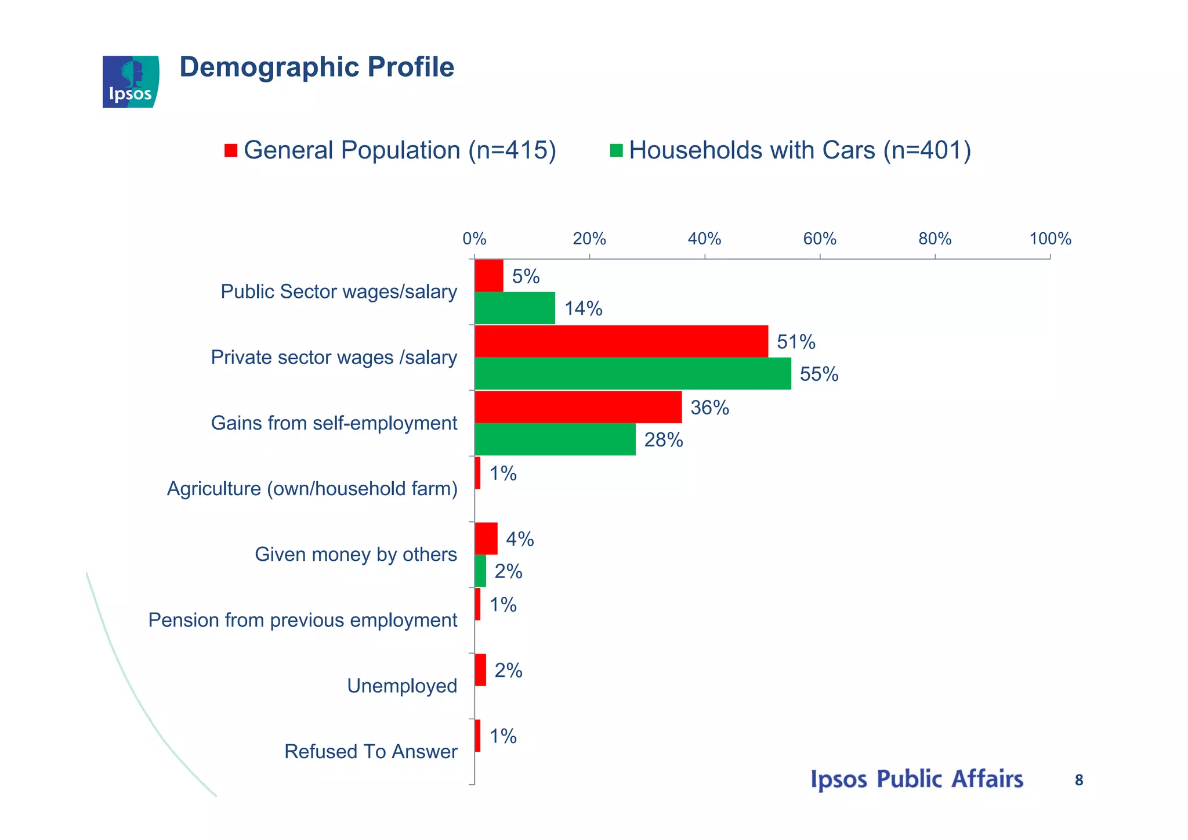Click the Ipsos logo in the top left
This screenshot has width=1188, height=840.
[x=131, y=82]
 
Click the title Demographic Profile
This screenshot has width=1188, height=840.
[x=317, y=67]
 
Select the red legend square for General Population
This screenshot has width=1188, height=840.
[x=231, y=150]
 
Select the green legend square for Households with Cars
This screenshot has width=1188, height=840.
[x=616, y=150]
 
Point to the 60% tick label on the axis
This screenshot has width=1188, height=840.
[x=819, y=239]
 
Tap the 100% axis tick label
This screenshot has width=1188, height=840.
[x=1050, y=239]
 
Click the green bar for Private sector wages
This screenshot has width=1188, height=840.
[x=632, y=373]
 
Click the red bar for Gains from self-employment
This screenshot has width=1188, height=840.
[x=578, y=407]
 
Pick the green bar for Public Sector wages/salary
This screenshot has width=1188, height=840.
[x=515, y=308]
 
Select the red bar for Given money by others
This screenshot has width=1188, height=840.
[x=486, y=538]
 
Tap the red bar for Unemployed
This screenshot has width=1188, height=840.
[x=480, y=670]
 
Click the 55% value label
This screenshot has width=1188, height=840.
[x=818, y=374]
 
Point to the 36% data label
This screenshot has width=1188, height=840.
[x=709, y=408]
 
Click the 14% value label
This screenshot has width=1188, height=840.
[x=583, y=309]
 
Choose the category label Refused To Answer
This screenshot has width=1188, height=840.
[x=371, y=752]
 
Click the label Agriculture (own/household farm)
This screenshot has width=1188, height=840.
[x=312, y=489]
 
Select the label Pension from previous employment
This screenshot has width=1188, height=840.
[x=303, y=621]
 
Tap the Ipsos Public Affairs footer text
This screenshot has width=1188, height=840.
[x=917, y=780]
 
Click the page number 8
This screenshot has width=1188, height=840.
[x=1079, y=781]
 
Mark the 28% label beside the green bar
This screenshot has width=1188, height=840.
[x=663, y=440]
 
